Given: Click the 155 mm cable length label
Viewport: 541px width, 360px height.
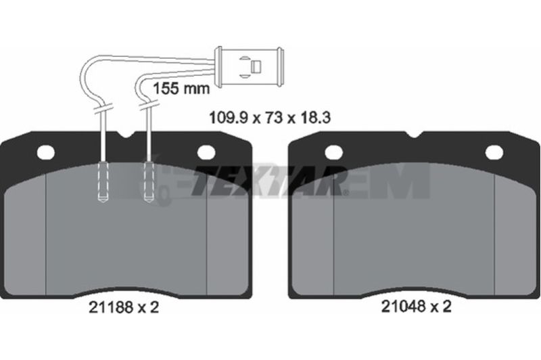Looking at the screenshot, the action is (x=181, y=89).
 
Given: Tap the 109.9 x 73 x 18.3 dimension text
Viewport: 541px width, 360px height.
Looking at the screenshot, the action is (x=270, y=118).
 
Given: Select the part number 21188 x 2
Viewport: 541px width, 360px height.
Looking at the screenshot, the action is (x=124, y=307).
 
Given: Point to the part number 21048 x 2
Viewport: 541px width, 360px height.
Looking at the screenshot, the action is (x=416, y=306).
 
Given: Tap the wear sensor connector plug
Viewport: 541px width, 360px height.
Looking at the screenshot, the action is (x=250, y=66).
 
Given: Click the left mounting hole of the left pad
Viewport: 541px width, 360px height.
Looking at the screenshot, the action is (x=45, y=152).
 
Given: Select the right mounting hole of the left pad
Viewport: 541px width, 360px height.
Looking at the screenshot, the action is (x=206, y=152).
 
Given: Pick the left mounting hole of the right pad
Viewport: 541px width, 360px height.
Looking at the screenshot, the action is (x=334, y=152).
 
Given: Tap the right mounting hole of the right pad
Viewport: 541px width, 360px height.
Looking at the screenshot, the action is (x=494, y=152).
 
